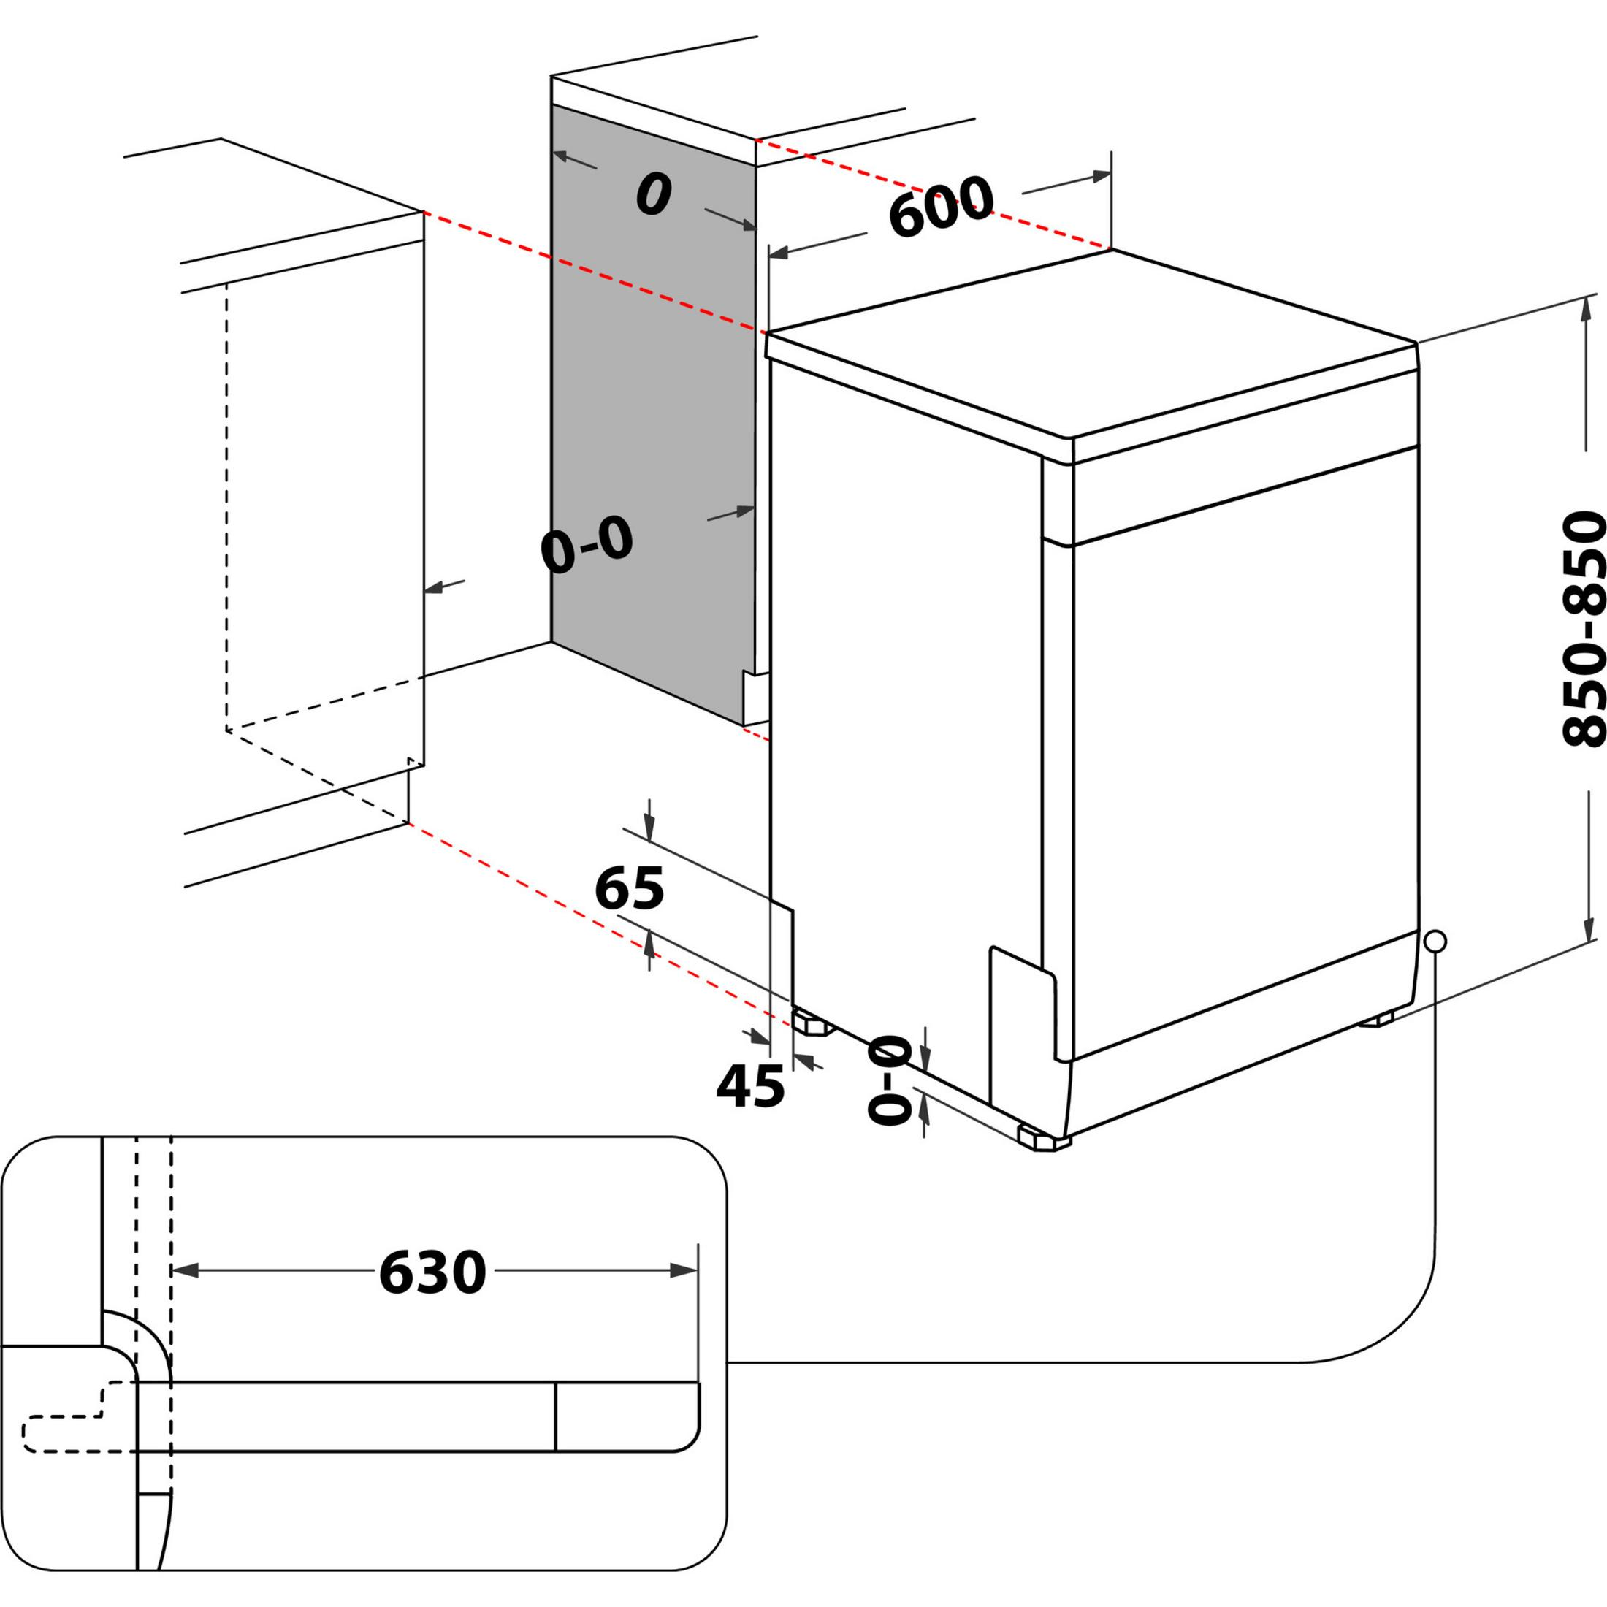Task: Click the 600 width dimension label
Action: point(941,205)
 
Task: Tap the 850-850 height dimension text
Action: point(1581,630)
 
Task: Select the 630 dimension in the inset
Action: point(432,1272)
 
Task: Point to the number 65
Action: point(630,889)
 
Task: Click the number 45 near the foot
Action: point(750,1086)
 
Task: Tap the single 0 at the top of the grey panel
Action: point(653,196)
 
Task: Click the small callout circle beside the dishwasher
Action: point(1435,942)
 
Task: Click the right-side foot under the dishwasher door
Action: point(1377,1020)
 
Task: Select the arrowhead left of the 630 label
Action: point(184,1270)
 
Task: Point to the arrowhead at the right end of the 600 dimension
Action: point(1102,176)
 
